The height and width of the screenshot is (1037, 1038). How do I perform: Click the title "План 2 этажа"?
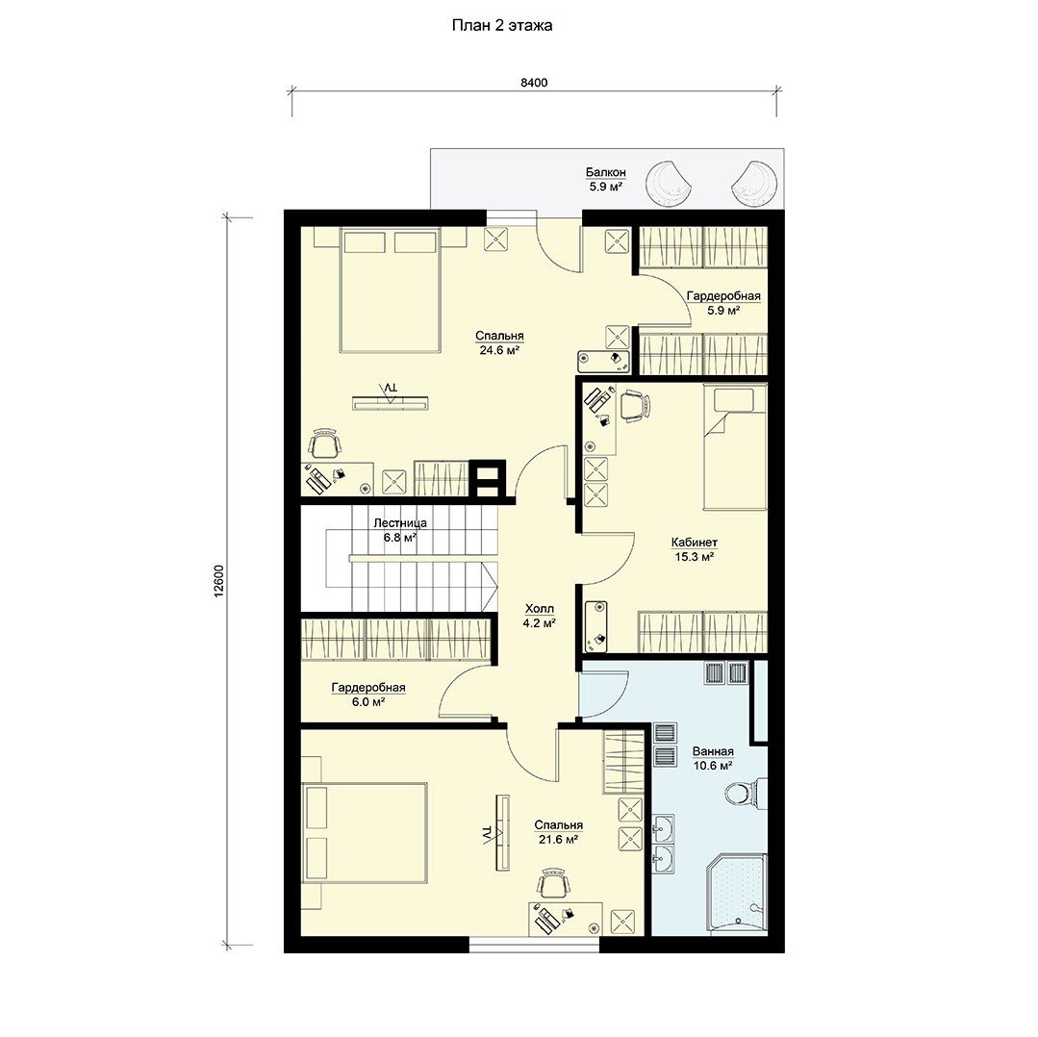point(502,26)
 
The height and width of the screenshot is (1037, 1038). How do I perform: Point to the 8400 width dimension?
point(534,83)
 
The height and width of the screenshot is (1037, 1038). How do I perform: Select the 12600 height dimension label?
point(219,582)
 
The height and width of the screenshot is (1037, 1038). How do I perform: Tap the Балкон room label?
point(606,173)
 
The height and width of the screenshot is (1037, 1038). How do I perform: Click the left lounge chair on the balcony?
point(668,183)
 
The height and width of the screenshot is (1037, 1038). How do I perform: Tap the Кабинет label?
point(695,543)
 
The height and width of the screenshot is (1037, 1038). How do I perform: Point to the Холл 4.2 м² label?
point(539,616)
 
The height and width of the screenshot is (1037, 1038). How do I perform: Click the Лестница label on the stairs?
point(400,522)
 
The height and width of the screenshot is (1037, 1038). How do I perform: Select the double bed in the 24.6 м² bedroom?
point(390,290)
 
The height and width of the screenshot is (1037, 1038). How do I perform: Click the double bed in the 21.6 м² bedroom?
point(364,832)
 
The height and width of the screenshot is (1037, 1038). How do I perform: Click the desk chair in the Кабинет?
point(634,405)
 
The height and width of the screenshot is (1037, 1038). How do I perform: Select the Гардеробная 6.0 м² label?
point(368,695)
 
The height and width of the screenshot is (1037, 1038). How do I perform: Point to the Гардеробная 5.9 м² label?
point(722,303)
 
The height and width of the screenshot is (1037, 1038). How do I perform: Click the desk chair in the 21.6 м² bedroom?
point(553,883)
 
